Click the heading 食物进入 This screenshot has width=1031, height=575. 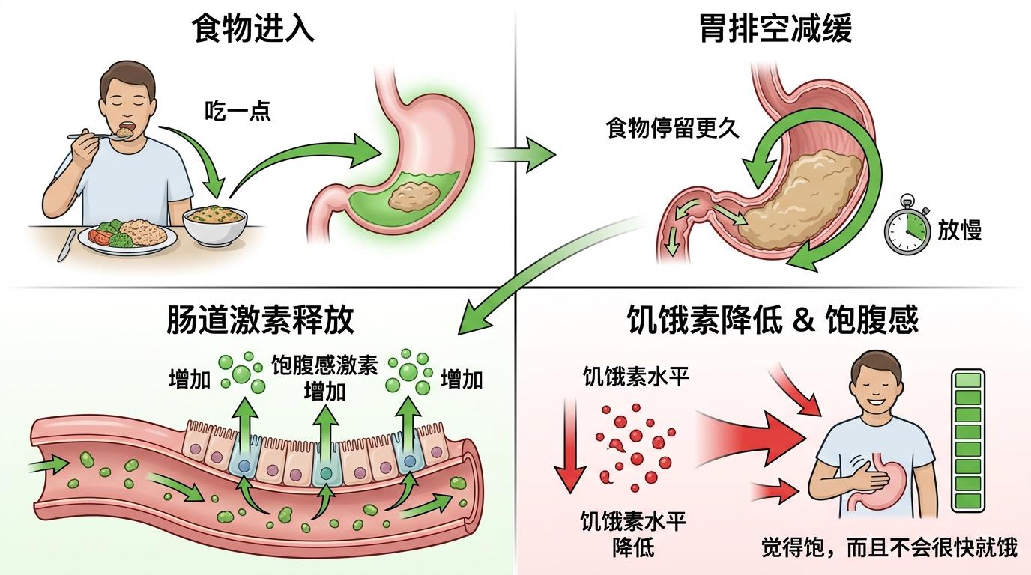pos(253,29)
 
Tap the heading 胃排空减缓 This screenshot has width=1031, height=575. pos(775,29)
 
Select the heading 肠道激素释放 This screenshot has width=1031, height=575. pos(260,319)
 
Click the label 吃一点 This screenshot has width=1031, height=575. pos(238,111)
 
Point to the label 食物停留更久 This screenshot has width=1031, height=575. pos(672,127)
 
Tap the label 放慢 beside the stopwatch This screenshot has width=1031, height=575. pos(960,230)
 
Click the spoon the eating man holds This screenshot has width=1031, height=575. pos(99,136)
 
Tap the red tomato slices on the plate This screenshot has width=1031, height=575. pos(97,237)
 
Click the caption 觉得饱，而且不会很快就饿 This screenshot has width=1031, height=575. pos(889,549)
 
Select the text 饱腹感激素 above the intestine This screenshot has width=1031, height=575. pos(324,365)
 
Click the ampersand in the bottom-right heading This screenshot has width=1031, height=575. pos(804,321)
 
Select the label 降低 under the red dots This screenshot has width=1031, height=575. pos(633,547)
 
